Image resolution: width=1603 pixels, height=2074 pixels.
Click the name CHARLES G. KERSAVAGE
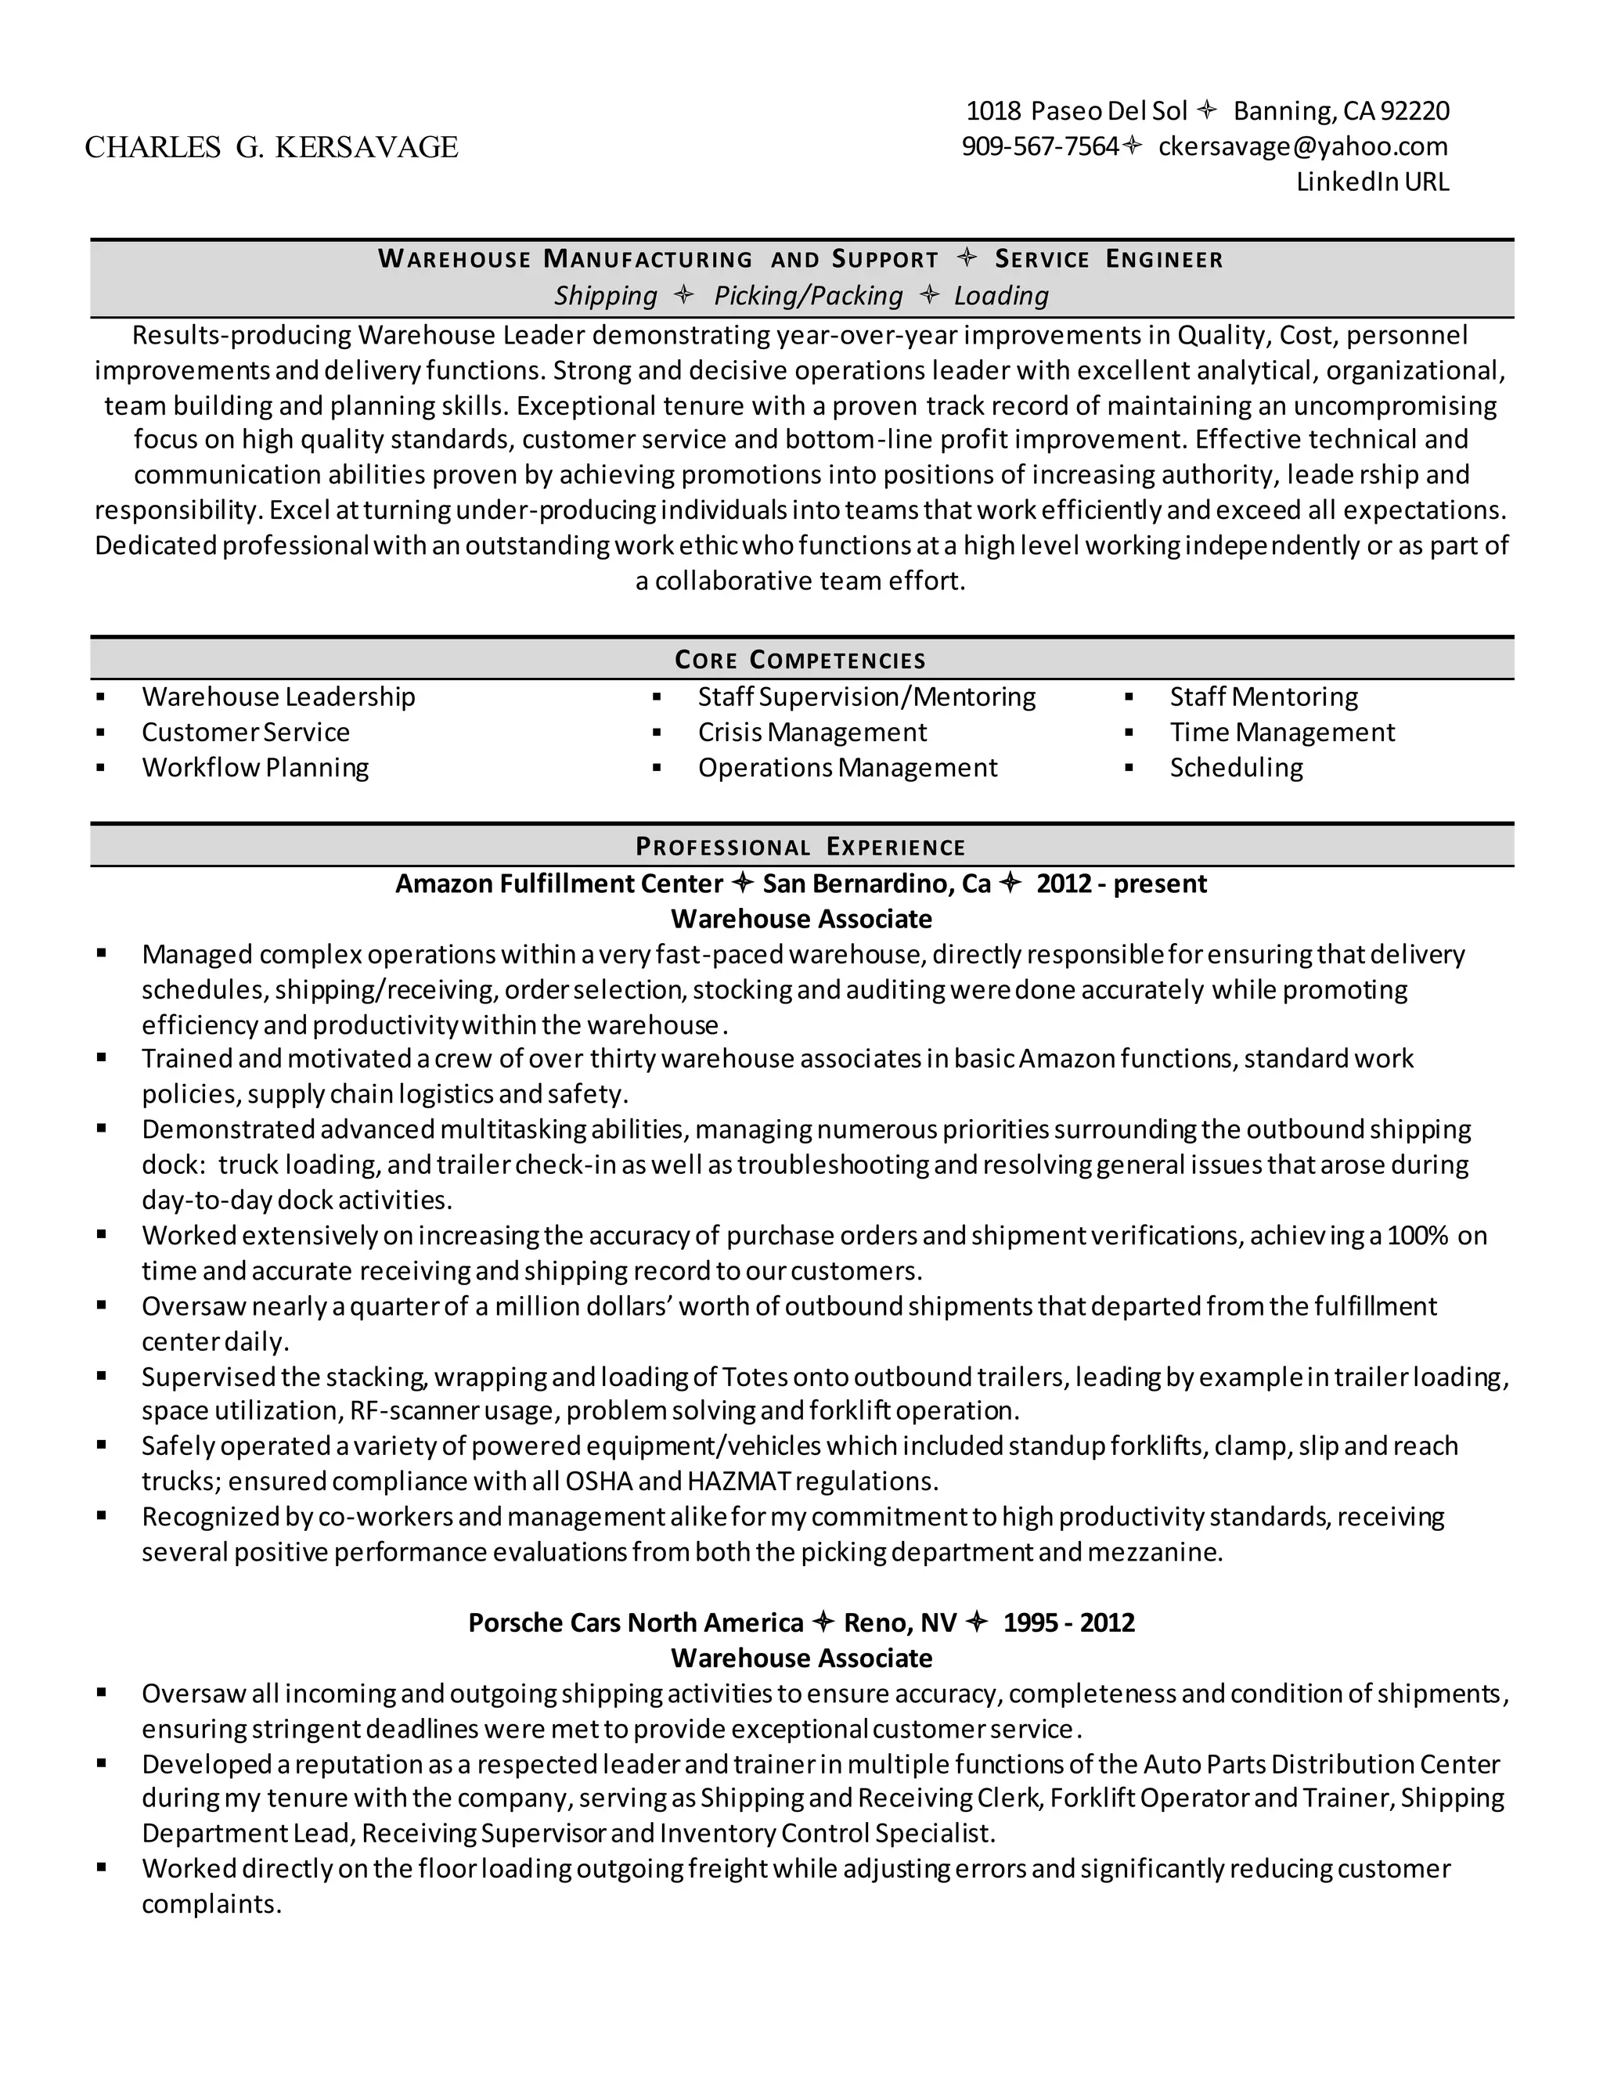tap(272, 147)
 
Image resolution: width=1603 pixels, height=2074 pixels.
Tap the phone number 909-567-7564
tap(1040, 146)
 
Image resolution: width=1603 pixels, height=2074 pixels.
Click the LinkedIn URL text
tap(1372, 182)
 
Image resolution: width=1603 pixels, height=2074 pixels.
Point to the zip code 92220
tap(1415, 111)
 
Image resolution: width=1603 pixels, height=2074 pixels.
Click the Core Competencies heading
tap(800, 659)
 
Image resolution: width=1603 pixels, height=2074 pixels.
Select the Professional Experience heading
tap(800, 846)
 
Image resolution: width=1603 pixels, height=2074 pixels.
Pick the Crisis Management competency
tap(812, 733)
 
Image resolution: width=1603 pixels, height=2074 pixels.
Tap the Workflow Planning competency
tap(255, 767)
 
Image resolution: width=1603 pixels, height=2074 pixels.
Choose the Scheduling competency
tap(1235, 767)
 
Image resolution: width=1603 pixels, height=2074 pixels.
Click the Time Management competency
tap(1282, 733)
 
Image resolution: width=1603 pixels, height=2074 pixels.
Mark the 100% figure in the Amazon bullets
tap(1417, 1236)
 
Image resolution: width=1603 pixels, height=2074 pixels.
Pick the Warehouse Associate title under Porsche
tap(801, 1658)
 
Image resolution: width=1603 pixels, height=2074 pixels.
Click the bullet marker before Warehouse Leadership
tap(101, 697)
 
